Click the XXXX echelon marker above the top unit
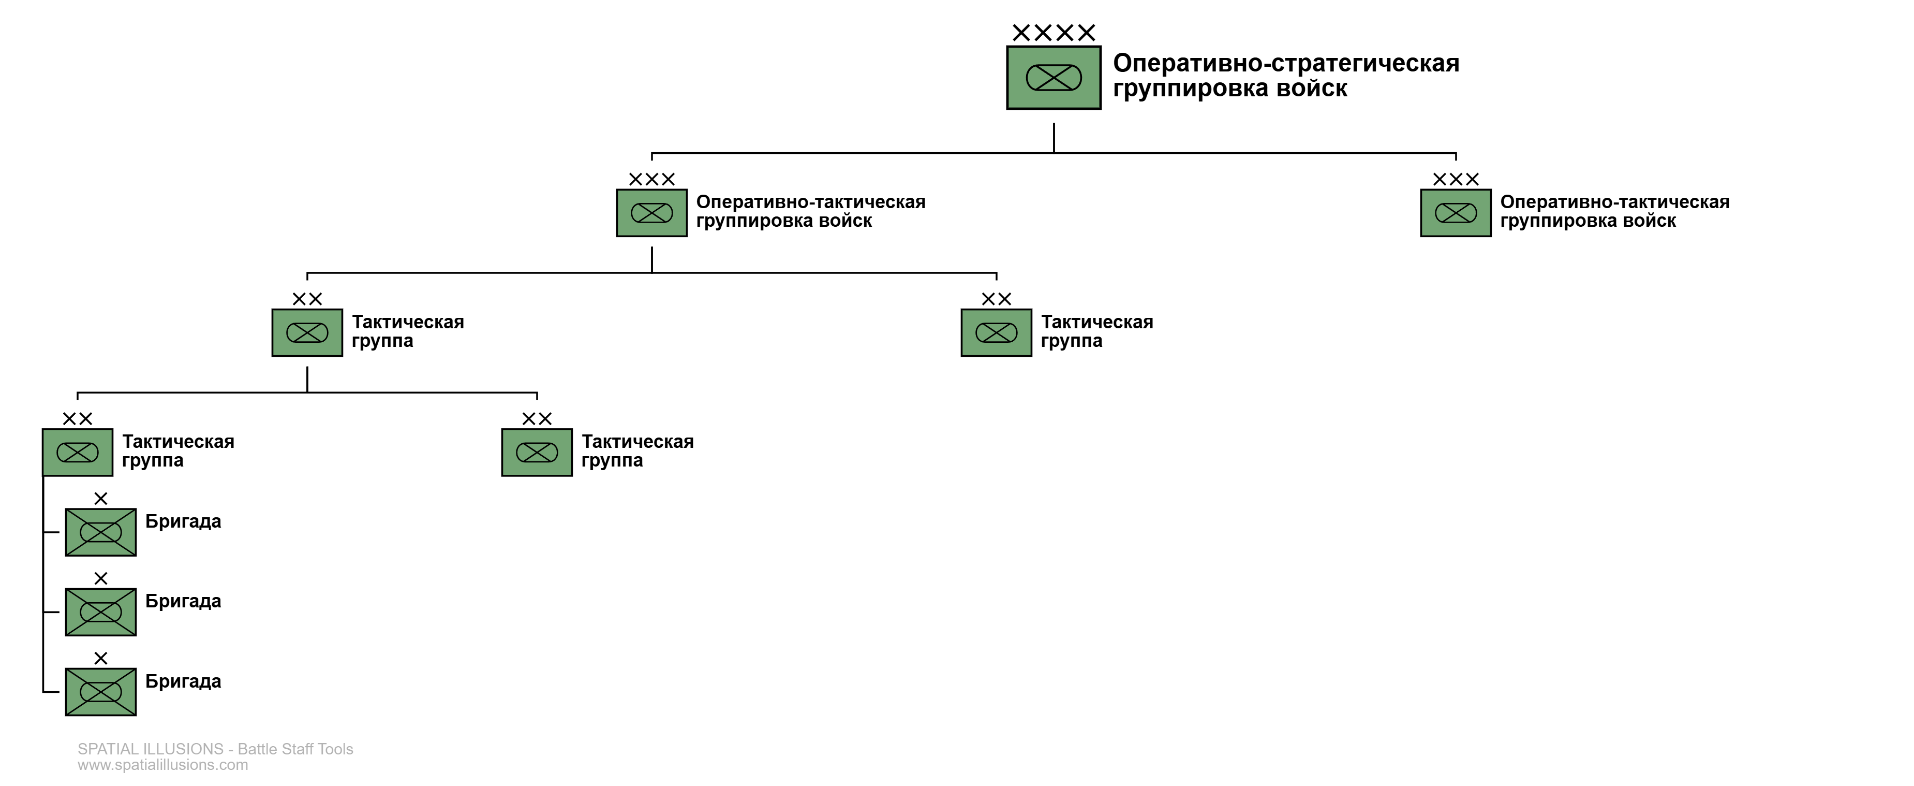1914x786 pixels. (x=1054, y=33)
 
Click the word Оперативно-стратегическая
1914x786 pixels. (x=1285, y=63)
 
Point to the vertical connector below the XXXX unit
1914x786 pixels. (x=1054, y=138)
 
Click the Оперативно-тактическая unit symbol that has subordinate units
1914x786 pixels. (x=651, y=213)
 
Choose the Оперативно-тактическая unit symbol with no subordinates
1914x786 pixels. (x=1455, y=213)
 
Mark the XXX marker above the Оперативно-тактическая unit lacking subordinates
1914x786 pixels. (x=1455, y=179)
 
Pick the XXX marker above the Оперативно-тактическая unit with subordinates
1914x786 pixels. (x=651, y=179)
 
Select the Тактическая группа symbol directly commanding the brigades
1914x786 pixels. (x=77, y=452)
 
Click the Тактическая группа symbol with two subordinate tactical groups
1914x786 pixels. (x=307, y=333)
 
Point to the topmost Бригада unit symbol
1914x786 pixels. (x=100, y=532)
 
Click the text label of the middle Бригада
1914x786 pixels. (x=183, y=601)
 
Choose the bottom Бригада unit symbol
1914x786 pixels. (x=100, y=692)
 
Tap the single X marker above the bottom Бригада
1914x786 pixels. (x=100, y=658)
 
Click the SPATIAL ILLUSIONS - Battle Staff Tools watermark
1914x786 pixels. (x=215, y=749)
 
